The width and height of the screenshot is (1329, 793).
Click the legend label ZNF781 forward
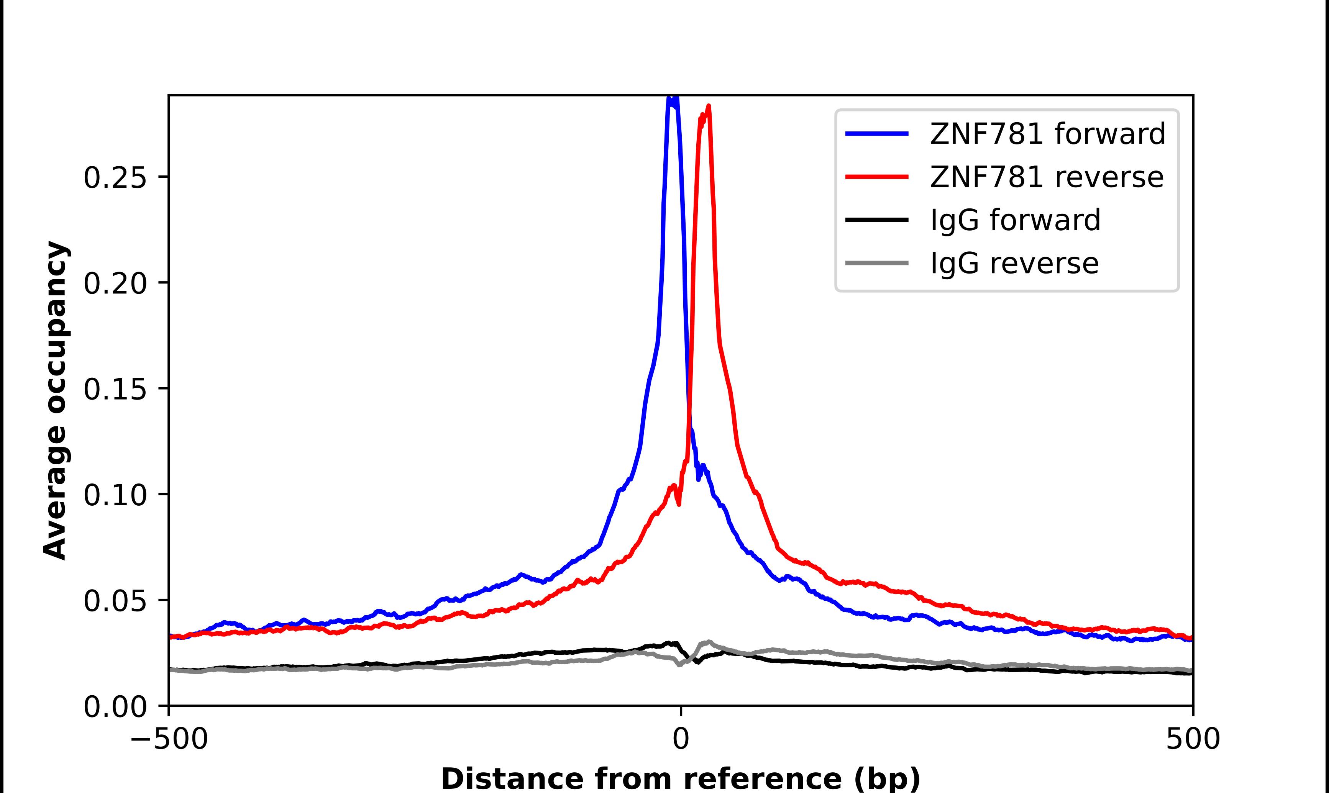[1047, 134]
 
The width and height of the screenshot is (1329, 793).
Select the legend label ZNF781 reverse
[1046, 177]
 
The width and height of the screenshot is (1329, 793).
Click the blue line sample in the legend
[876, 134]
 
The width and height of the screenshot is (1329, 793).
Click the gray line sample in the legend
[876, 263]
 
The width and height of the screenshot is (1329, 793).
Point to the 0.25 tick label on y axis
[115, 177]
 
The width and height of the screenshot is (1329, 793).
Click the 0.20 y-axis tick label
[115, 283]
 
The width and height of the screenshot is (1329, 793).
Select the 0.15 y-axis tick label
[115, 389]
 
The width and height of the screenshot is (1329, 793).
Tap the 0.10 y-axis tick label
[115, 495]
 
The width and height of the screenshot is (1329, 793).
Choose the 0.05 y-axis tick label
[115, 601]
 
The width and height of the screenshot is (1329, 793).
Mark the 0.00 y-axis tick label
[115, 707]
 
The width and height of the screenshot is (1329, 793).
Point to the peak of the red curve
[708, 106]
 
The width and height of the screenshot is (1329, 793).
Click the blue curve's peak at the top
[673, 98]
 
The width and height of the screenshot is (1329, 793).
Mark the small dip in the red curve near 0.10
[679, 504]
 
